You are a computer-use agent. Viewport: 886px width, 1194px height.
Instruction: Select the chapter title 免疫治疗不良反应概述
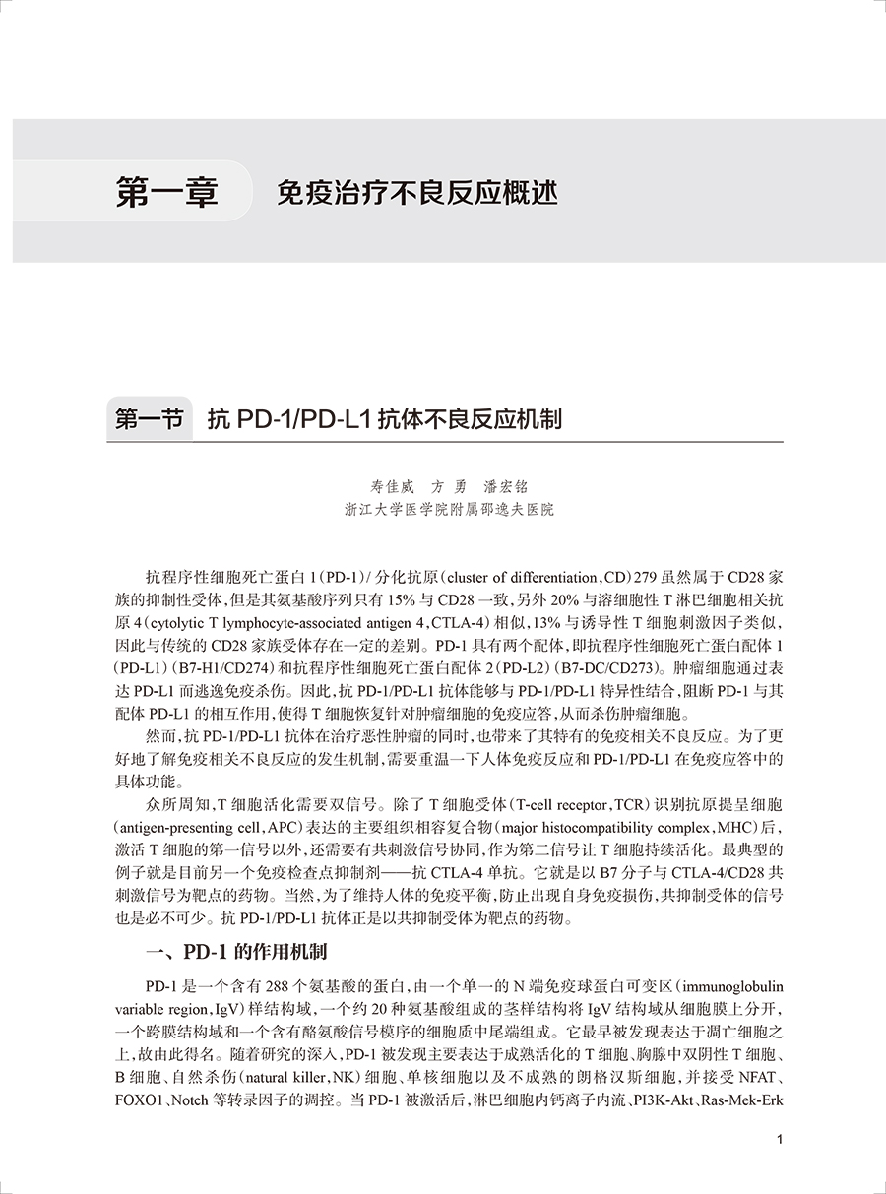(417, 192)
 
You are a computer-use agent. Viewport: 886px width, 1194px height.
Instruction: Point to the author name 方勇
(447, 487)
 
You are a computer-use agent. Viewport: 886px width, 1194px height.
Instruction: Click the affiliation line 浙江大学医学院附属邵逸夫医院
(449, 510)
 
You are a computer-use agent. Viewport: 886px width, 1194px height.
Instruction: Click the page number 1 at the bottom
(780, 1140)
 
